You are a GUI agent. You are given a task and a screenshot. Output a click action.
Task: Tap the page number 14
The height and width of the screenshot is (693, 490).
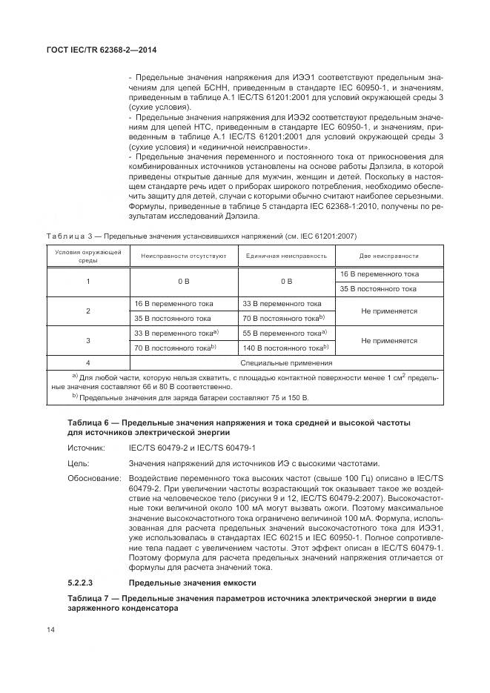(x=51, y=630)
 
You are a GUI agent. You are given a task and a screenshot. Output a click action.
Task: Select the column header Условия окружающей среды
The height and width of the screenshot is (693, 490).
(x=88, y=256)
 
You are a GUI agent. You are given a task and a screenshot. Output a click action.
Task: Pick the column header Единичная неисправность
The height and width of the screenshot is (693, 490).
(x=286, y=256)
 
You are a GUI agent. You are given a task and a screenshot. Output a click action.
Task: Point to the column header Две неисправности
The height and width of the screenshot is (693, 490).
(x=388, y=256)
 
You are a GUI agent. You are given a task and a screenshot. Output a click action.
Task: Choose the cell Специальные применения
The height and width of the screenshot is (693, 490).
(x=286, y=363)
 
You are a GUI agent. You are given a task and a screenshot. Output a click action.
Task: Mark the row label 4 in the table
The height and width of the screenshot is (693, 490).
(x=88, y=363)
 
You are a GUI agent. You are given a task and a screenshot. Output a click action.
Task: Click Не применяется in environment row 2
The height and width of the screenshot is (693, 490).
(x=388, y=311)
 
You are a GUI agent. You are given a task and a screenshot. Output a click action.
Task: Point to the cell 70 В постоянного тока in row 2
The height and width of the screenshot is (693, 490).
(x=284, y=319)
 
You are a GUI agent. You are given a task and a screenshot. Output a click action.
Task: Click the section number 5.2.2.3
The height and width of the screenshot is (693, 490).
(x=83, y=583)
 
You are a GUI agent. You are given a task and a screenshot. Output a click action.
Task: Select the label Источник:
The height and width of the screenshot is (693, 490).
(x=87, y=448)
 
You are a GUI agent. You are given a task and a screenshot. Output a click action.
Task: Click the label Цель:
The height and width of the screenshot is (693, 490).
(x=79, y=463)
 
